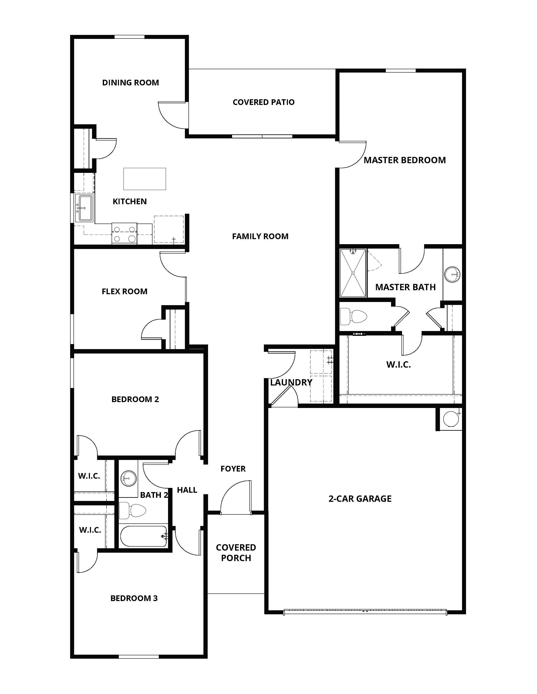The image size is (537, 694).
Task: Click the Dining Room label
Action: (x=130, y=83)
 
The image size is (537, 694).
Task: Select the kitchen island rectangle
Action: (x=145, y=179)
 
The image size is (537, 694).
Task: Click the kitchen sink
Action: (x=85, y=208)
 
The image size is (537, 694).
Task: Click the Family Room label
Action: (x=260, y=236)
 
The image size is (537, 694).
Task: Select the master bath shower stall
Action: (x=353, y=273)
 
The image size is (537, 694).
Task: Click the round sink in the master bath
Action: (x=452, y=274)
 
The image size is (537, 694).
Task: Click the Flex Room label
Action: (x=124, y=291)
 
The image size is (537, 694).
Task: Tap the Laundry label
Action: (x=291, y=383)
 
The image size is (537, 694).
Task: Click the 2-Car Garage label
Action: (x=360, y=499)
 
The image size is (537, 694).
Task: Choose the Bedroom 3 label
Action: (x=134, y=598)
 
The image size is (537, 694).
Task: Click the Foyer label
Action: (x=233, y=469)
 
